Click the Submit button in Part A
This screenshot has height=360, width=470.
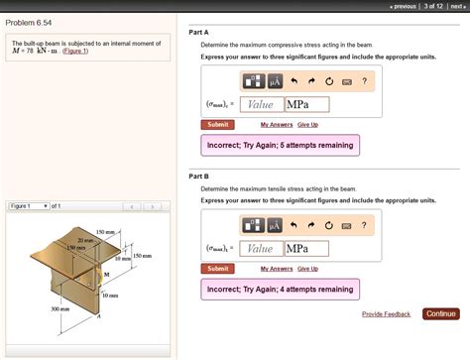(217, 125)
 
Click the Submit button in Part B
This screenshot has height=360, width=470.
(217, 269)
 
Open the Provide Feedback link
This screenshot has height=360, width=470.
(387, 314)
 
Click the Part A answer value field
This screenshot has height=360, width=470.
(261, 104)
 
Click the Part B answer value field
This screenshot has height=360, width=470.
(261, 248)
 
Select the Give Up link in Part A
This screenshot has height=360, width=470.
(307, 125)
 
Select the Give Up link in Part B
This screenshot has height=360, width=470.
(307, 269)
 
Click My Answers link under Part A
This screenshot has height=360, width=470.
(277, 125)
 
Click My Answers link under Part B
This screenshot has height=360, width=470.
(277, 269)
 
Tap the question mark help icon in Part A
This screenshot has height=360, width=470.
(364, 81)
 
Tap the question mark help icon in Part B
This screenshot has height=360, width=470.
(364, 225)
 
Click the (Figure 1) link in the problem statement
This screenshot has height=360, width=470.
(75, 52)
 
